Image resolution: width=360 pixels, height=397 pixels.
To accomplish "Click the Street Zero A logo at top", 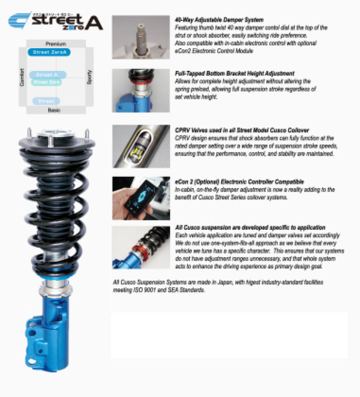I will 56,21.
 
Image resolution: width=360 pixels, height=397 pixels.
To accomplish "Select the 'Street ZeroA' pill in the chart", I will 49,52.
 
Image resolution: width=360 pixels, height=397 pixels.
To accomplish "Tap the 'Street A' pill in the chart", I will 48,74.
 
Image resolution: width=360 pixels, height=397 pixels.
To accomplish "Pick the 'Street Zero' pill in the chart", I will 48,82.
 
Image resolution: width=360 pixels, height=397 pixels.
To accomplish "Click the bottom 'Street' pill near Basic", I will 46,101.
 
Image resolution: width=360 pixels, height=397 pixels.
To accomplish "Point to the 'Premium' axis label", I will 56,44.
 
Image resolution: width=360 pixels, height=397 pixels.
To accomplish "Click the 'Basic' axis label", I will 54,110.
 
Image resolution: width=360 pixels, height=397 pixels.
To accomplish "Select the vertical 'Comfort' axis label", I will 22,77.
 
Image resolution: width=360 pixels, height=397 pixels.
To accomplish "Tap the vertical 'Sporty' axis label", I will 89,77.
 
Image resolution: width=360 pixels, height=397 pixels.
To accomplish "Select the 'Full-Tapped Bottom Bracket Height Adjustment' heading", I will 235,73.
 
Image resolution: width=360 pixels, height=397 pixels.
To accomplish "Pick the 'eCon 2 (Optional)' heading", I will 233,182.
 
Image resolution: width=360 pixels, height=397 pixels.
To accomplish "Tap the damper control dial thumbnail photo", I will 140,37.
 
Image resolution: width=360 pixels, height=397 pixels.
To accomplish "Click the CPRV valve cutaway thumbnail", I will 140,146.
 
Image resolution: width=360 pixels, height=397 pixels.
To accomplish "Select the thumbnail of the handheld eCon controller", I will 140,198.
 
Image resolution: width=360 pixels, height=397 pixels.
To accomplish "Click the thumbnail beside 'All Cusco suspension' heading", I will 140,248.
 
